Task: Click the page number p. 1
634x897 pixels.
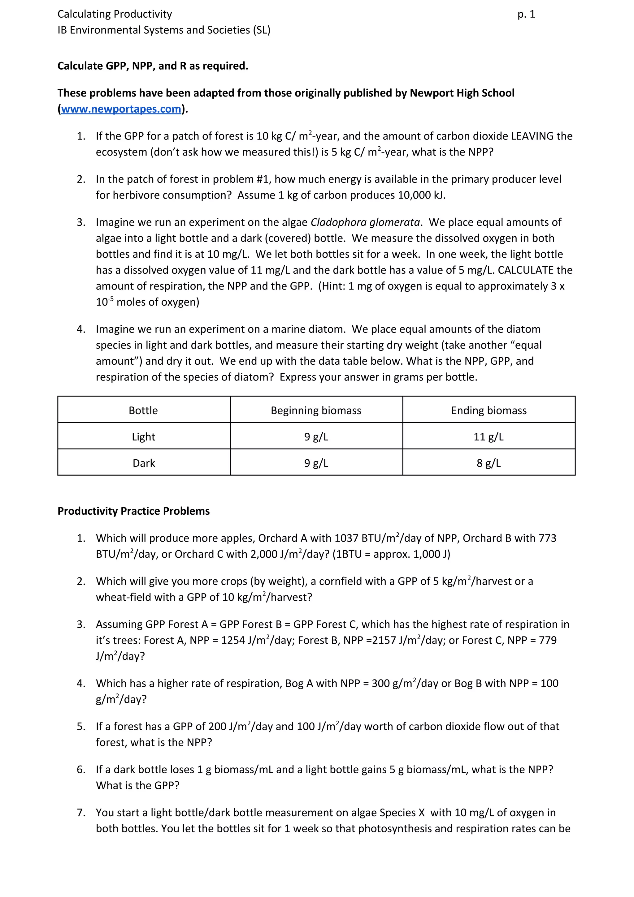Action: (526, 15)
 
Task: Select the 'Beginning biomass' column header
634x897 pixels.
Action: (316, 410)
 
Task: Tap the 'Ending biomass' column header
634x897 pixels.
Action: (489, 410)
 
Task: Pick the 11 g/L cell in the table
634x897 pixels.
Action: (489, 437)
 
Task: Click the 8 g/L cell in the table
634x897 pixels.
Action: (489, 463)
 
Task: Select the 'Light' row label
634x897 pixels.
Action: (144, 437)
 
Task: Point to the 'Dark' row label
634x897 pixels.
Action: (144, 463)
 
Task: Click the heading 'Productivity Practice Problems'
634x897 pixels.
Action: (133, 511)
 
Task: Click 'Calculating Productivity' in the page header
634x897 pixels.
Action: (115, 15)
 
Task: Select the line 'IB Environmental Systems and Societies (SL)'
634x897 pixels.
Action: (164, 30)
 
